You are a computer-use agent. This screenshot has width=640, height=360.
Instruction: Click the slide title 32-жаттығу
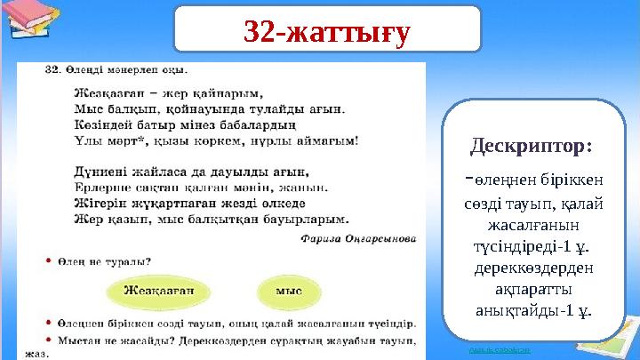[x=327, y=33]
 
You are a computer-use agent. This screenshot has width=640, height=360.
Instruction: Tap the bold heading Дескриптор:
[x=532, y=144]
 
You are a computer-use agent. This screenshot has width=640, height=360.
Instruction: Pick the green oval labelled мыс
[x=289, y=290]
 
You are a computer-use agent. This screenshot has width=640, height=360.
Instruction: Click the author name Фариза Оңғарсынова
[x=358, y=237]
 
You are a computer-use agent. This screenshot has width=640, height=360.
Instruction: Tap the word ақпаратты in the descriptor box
[x=532, y=289]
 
